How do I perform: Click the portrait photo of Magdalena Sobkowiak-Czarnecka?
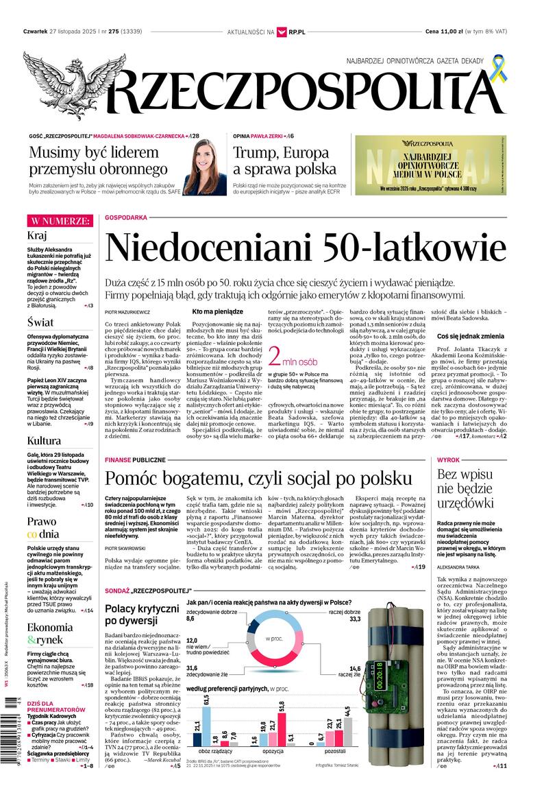204,166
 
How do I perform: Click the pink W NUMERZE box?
59,221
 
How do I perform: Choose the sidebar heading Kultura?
45,440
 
